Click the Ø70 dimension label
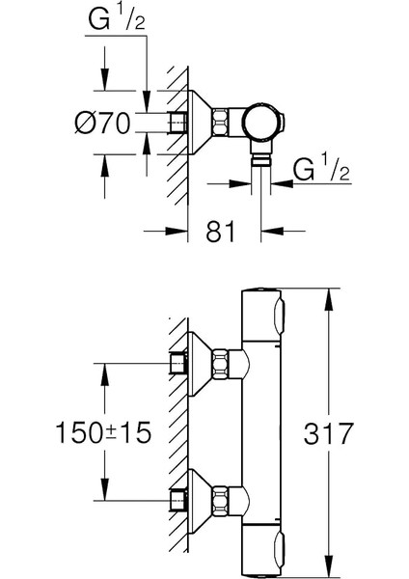(x=101, y=122)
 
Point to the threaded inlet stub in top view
(x=175, y=123)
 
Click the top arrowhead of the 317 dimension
(x=329, y=292)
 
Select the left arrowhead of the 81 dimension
(x=182, y=230)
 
